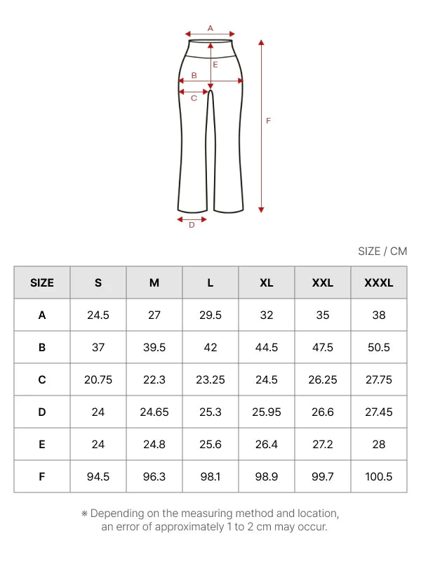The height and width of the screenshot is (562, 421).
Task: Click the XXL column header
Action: pos(323,283)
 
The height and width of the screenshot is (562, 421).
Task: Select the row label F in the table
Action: pos(42,477)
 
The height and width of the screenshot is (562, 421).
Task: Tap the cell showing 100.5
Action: pos(379,477)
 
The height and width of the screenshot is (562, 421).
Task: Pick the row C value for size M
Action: pos(154,379)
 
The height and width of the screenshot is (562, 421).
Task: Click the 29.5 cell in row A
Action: pos(210,315)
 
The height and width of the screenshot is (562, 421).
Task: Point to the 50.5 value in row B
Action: pos(379,347)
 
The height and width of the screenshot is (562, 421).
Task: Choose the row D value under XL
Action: pos(267,412)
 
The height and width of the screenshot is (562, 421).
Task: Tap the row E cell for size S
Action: pos(98,445)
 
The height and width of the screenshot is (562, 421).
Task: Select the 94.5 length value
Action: pos(98,477)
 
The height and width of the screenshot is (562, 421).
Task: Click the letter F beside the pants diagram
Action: pos(269,121)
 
